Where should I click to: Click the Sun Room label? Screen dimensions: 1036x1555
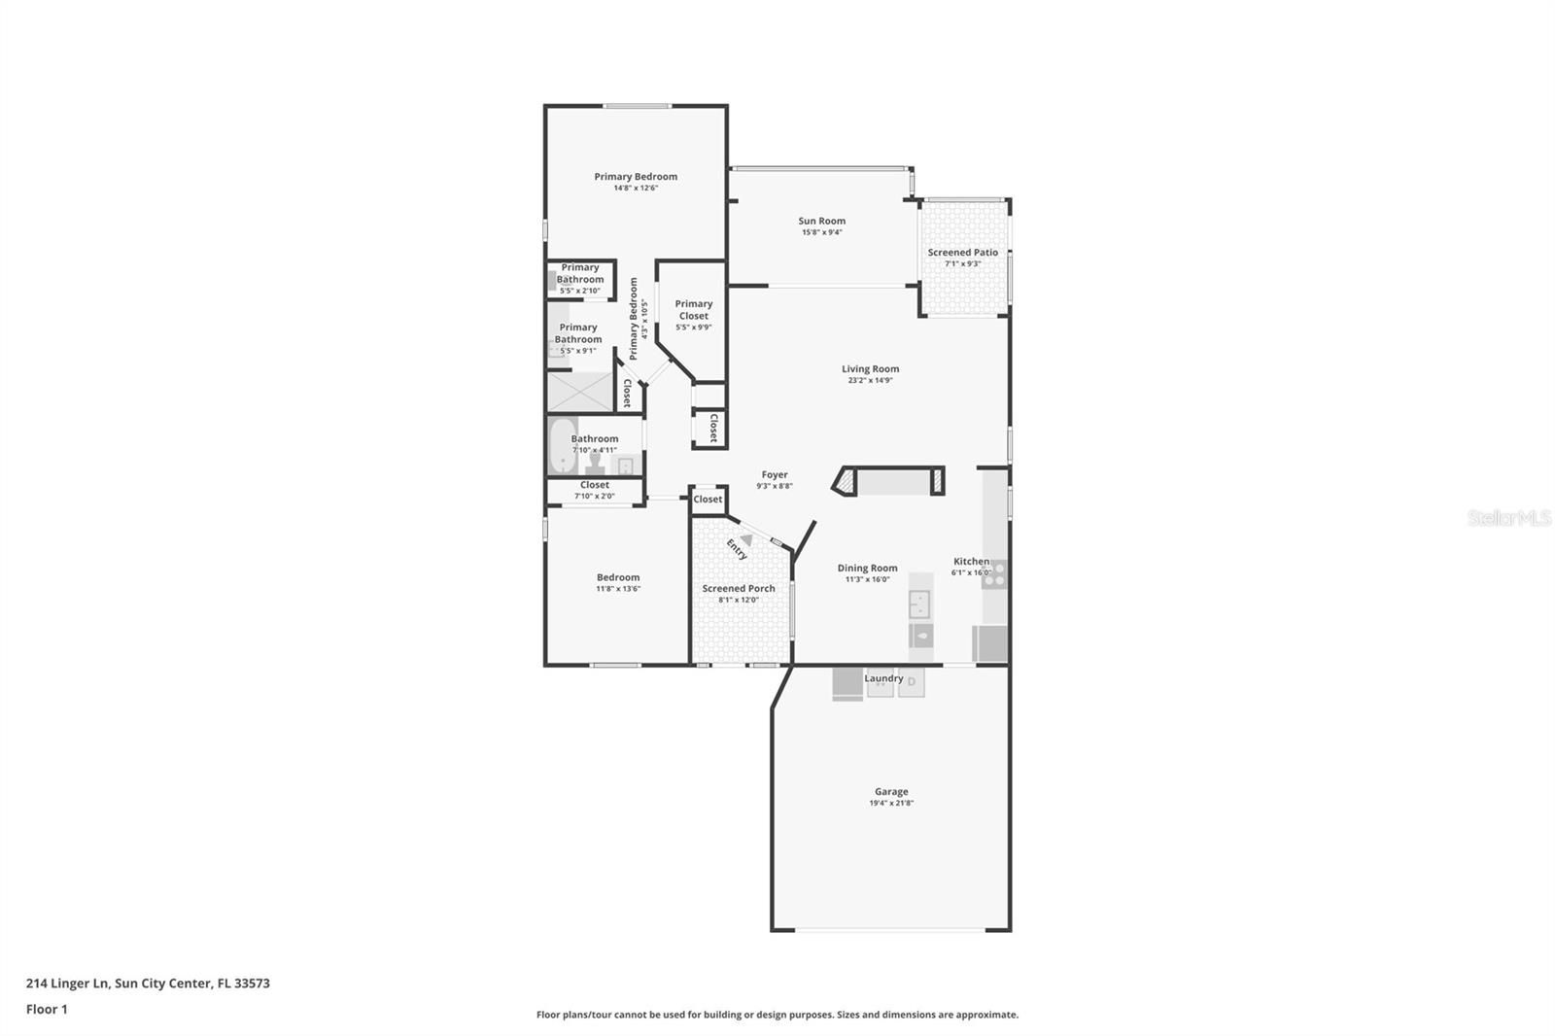click(821, 221)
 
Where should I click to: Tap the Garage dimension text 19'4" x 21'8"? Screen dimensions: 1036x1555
click(891, 804)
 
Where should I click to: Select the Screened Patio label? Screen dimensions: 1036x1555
click(962, 252)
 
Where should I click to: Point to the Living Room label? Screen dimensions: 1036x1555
click(870, 368)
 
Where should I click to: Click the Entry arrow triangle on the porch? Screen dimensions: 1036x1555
click(745, 539)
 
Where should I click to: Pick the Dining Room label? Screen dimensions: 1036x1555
click(867, 568)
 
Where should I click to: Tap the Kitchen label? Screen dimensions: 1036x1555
click(970, 561)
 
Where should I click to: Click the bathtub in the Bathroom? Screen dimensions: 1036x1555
click(563, 444)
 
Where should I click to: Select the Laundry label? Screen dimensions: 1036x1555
click(883, 678)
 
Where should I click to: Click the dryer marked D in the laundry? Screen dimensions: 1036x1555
click(912, 682)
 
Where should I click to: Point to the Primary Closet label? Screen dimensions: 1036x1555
click(693, 309)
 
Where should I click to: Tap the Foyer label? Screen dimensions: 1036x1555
click(775, 474)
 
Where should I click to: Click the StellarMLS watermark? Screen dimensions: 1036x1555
click(1508, 519)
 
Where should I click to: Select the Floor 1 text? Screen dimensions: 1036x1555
click(47, 1009)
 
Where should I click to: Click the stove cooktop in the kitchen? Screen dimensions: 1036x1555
click(994, 574)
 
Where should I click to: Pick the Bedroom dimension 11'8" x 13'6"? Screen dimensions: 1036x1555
click(618, 589)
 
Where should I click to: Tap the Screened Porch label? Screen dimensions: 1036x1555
click(739, 588)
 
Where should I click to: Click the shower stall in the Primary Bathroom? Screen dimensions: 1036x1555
click(578, 391)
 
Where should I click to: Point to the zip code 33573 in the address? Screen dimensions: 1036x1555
click(252, 983)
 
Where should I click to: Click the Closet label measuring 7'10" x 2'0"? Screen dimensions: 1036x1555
click(594, 485)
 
